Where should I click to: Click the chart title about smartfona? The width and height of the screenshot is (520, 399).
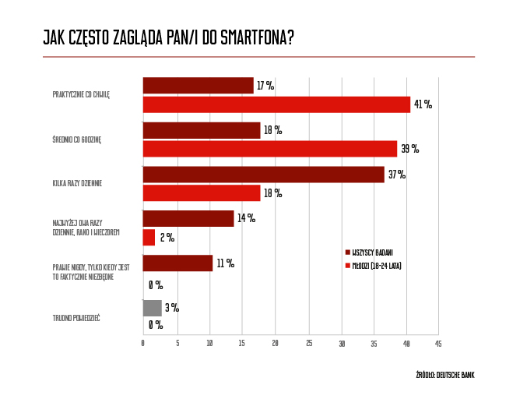point(168,38)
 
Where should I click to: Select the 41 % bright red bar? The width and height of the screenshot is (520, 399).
point(276,104)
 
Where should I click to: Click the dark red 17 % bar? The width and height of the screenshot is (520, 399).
point(199,86)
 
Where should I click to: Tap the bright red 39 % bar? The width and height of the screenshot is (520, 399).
point(269,149)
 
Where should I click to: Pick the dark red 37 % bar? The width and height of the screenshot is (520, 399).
point(263,175)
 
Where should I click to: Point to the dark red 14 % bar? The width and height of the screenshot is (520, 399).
point(188,218)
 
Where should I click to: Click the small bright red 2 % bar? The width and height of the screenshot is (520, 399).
point(149,237)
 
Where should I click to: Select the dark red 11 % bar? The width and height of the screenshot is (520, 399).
point(177,263)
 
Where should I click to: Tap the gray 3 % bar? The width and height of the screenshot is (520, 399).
point(152,308)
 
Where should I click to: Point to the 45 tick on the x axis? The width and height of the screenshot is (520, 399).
point(437,343)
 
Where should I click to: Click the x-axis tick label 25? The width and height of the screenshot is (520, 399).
point(309,343)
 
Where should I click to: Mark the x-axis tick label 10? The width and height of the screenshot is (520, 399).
point(210,343)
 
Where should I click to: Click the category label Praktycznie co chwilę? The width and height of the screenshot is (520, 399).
point(81,94)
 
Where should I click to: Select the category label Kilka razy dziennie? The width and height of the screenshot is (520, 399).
point(77,183)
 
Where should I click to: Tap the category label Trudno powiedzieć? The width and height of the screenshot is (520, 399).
point(76,317)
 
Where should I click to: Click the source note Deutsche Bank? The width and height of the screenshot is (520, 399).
point(445,376)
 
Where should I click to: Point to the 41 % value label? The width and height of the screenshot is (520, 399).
point(423,104)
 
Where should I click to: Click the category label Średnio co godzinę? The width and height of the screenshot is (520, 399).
point(77,139)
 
